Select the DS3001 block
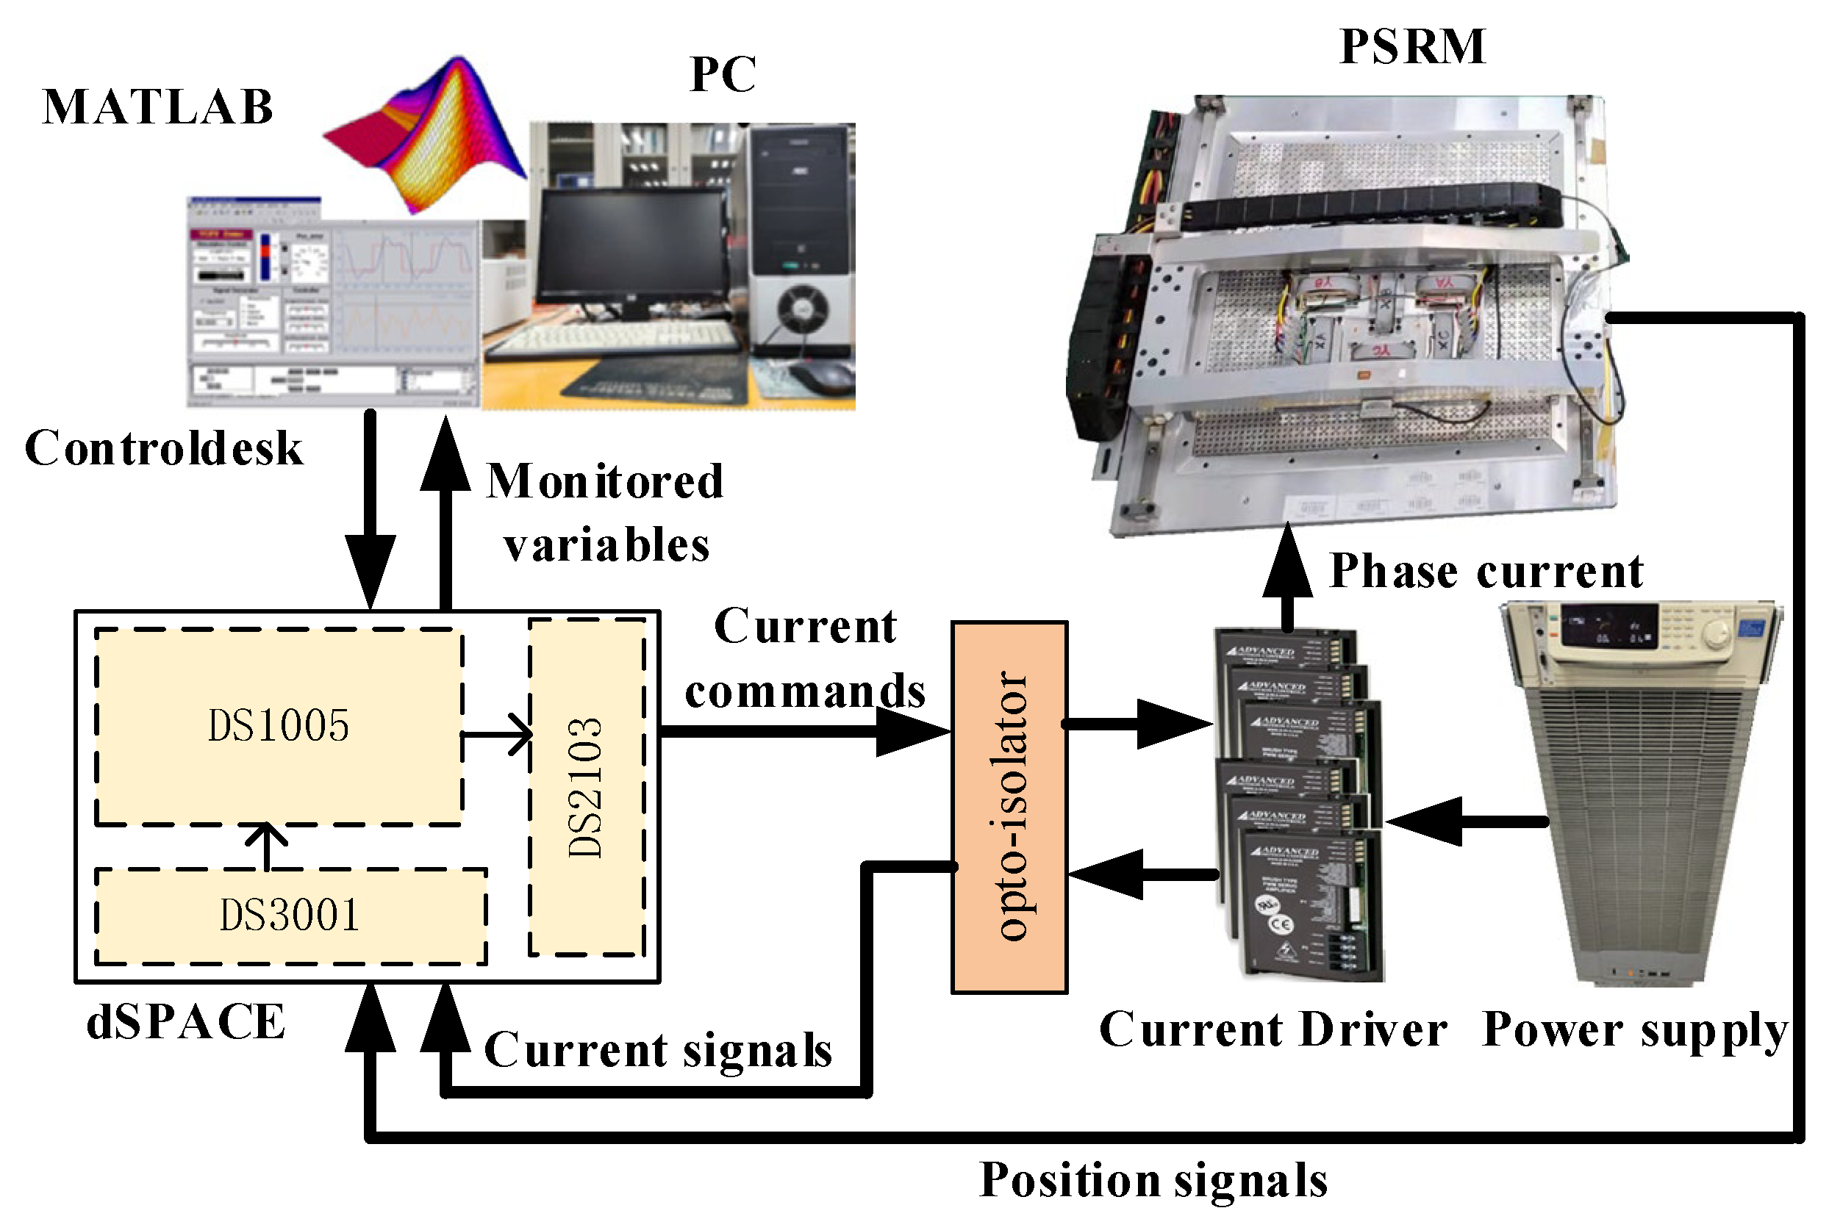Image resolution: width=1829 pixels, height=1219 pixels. click(290, 916)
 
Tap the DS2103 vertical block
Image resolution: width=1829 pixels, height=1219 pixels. click(587, 787)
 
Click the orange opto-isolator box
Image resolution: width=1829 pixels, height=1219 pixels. click(1009, 807)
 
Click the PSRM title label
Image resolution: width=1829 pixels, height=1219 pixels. click(1412, 46)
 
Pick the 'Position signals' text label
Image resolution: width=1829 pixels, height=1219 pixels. click(1153, 1180)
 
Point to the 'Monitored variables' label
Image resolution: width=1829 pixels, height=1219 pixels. click(605, 513)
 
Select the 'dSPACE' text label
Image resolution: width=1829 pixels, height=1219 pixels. click(185, 1021)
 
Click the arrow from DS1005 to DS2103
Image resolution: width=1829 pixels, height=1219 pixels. click(498, 734)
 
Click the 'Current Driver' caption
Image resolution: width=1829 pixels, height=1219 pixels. click(1273, 1030)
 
